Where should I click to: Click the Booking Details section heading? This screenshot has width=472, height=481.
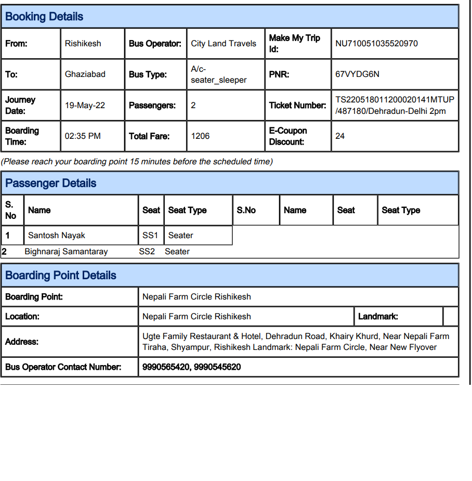point(44,17)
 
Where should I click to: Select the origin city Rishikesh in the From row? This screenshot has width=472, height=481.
point(83,44)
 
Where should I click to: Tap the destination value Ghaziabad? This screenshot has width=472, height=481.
point(85,74)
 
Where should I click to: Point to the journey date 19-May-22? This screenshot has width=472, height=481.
point(85,106)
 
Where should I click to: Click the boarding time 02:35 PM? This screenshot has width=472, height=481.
point(83,136)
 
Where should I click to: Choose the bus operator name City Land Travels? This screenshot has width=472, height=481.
point(224,44)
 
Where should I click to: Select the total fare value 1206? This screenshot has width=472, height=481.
point(201,136)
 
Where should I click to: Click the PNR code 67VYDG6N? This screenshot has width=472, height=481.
point(358,74)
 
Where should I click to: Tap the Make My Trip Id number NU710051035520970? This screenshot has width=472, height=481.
point(376,44)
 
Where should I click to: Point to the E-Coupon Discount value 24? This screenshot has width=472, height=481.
point(340,136)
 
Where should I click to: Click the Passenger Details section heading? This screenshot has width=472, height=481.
point(51,183)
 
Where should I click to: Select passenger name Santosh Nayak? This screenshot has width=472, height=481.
point(57,236)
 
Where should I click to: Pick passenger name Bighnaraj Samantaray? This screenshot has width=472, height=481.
point(66,252)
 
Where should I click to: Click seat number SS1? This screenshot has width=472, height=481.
point(150,236)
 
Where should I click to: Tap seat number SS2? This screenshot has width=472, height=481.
point(147,252)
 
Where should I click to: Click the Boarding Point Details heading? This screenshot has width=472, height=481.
point(61,276)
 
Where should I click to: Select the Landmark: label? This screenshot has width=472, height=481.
point(378,316)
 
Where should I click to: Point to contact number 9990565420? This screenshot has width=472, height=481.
point(166,367)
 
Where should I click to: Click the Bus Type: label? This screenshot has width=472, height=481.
point(148,74)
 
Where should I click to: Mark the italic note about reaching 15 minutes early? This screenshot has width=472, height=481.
point(137,162)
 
